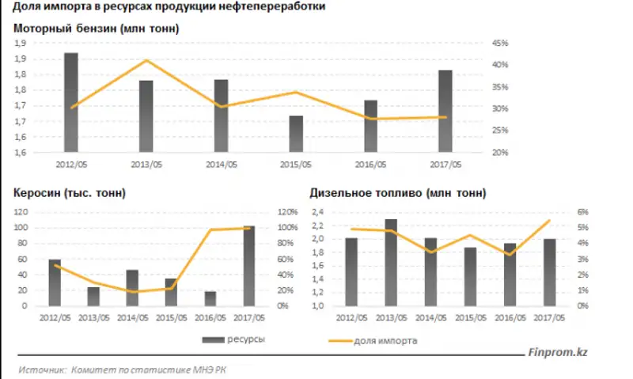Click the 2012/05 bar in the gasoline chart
pyautogui.click(x=70, y=102)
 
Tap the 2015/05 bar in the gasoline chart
pyautogui.click(x=295, y=134)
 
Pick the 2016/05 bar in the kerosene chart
pyautogui.click(x=210, y=298)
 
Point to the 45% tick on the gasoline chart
pyautogui.click(x=499, y=43)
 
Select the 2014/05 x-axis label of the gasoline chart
pyautogui.click(x=221, y=165)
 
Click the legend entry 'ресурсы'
pyautogui.click(x=245, y=339)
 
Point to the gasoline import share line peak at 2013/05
pyautogui.click(x=146, y=60)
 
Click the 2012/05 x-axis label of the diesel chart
pyautogui.click(x=353, y=317)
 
